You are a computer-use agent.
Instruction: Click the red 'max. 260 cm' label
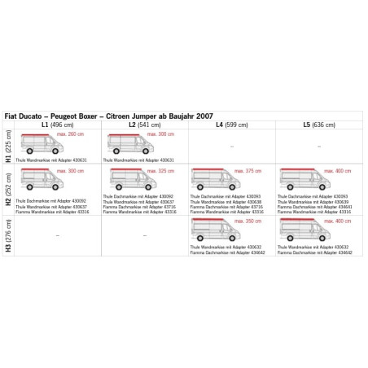[72, 135]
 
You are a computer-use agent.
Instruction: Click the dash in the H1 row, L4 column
[232, 147]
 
